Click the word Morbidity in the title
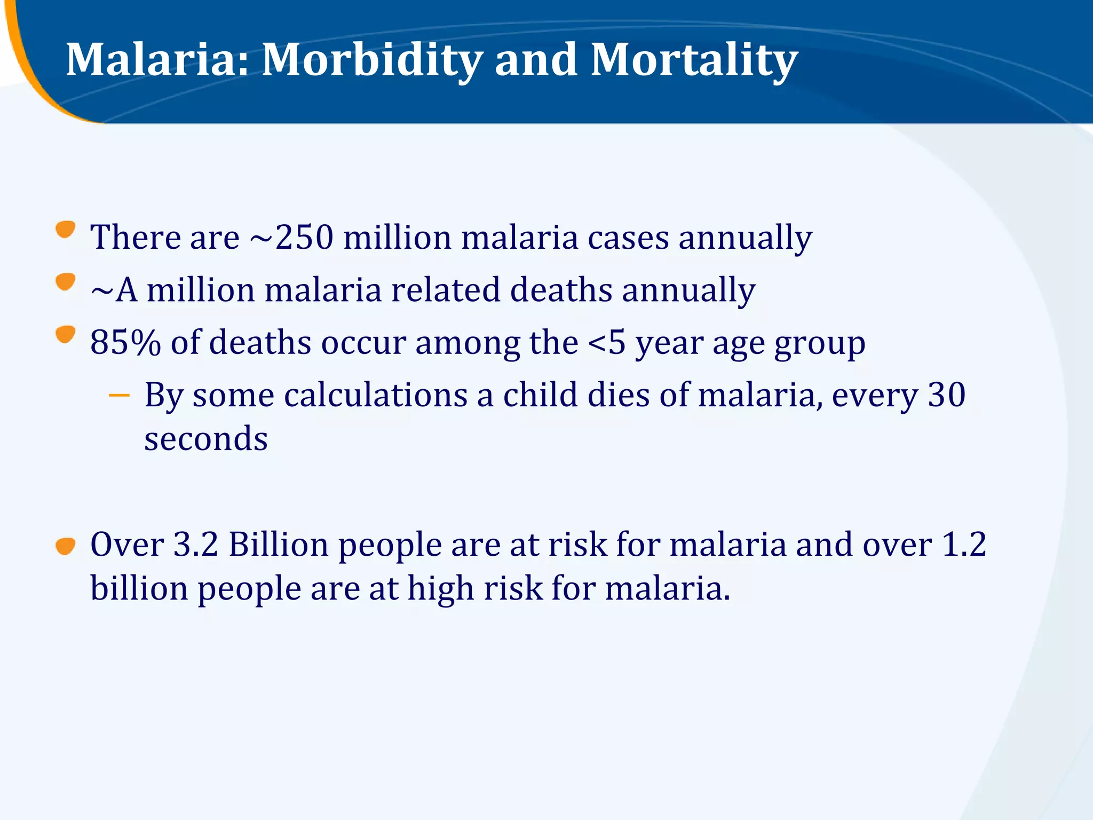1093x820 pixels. pyautogui.click(x=371, y=60)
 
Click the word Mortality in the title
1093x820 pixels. pyautogui.click(x=694, y=60)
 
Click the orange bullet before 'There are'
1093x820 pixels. pyautogui.click(x=65, y=230)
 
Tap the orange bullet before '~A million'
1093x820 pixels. pyautogui.click(x=65, y=282)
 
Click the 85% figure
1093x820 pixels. pyautogui.click(x=125, y=342)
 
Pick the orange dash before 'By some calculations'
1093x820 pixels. pyautogui.click(x=118, y=396)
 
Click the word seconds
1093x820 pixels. pyautogui.click(x=205, y=439)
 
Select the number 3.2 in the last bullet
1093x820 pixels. pyautogui.click(x=196, y=545)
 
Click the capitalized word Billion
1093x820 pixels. pyautogui.click(x=279, y=545)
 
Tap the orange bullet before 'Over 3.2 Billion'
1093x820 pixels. pyautogui.click(x=65, y=547)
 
